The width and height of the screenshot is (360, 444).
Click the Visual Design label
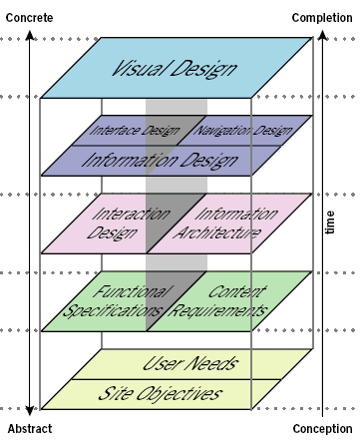175,70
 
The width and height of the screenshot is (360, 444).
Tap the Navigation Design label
243,131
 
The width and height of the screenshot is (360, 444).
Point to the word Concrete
29,17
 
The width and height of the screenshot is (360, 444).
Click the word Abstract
29,430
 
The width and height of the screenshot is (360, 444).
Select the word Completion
322,17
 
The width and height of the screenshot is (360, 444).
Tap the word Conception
322,430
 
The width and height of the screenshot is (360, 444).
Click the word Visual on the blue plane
140,70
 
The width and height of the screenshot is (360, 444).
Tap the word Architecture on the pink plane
221,233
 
